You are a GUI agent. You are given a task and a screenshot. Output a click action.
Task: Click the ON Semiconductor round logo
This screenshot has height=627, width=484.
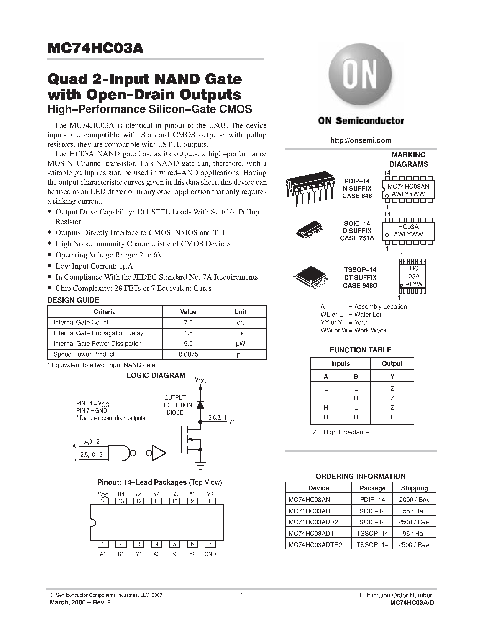tap(360, 75)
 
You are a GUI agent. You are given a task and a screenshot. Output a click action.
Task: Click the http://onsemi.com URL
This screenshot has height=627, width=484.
tap(360, 140)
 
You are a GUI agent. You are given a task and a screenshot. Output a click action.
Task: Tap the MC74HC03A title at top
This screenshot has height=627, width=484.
tap(95, 48)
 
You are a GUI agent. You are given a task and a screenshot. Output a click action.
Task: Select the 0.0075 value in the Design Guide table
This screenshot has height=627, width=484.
tap(188, 354)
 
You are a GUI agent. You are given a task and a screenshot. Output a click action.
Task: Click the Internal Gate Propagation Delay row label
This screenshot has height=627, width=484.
tap(98, 333)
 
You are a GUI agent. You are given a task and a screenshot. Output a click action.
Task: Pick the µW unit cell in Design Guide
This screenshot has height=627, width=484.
tap(240, 344)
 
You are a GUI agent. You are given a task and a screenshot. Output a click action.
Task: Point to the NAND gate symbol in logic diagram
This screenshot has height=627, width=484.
tap(119, 453)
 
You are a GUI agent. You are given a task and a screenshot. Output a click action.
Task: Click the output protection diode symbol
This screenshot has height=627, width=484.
tap(200, 405)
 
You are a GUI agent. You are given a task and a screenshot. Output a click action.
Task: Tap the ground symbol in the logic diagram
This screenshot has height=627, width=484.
tap(200, 465)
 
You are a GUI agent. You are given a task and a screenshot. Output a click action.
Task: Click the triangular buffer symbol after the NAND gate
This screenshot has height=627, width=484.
tap(159, 453)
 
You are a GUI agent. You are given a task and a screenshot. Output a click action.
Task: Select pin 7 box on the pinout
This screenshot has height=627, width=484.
tap(210, 544)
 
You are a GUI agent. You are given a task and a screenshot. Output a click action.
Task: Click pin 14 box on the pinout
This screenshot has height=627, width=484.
tap(103, 501)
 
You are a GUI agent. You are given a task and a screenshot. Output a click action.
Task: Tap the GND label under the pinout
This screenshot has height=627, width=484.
tap(210, 554)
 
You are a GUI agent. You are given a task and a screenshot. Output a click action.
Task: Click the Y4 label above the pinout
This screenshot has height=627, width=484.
tap(156, 494)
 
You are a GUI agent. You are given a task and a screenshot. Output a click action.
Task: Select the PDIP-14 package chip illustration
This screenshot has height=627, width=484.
tap(310, 188)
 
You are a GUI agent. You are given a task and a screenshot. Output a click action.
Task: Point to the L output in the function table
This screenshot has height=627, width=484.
tap(392, 417)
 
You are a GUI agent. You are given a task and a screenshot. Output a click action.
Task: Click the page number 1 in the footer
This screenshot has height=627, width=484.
tap(241, 595)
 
